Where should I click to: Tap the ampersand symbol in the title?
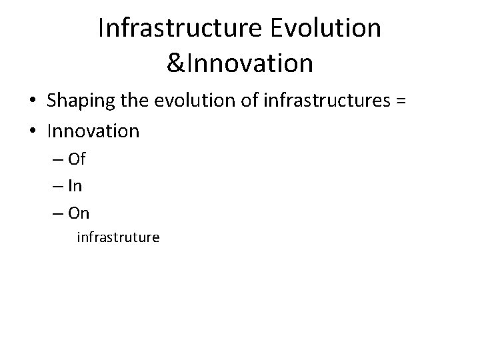(x=176, y=63)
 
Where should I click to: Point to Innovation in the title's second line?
(x=249, y=63)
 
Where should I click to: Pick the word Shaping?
(x=79, y=101)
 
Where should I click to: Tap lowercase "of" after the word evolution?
(x=251, y=101)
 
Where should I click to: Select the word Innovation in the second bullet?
(x=93, y=131)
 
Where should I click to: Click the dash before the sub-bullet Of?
(x=56, y=161)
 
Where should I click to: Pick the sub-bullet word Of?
(x=76, y=160)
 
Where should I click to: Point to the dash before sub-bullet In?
(x=56, y=187)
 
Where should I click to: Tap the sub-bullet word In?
(x=75, y=186)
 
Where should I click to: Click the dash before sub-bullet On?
(x=56, y=213)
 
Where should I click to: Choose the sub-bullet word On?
(x=78, y=213)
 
